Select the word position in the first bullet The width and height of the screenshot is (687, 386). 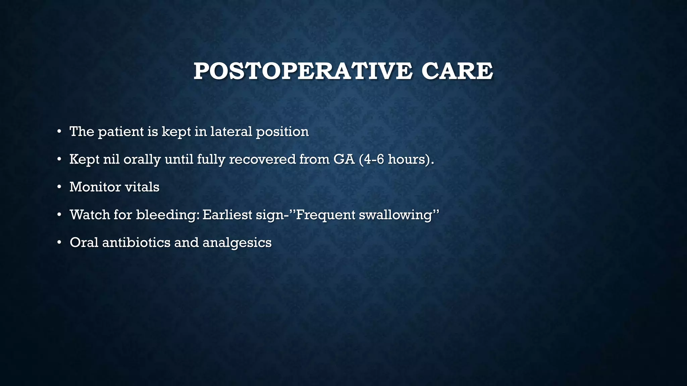[x=282, y=132]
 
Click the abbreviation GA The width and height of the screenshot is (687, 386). [x=344, y=159]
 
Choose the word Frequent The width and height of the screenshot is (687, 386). [x=325, y=215]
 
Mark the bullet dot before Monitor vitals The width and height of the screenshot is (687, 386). [x=59, y=187]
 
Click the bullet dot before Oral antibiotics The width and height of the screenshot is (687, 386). [x=59, y=242]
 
